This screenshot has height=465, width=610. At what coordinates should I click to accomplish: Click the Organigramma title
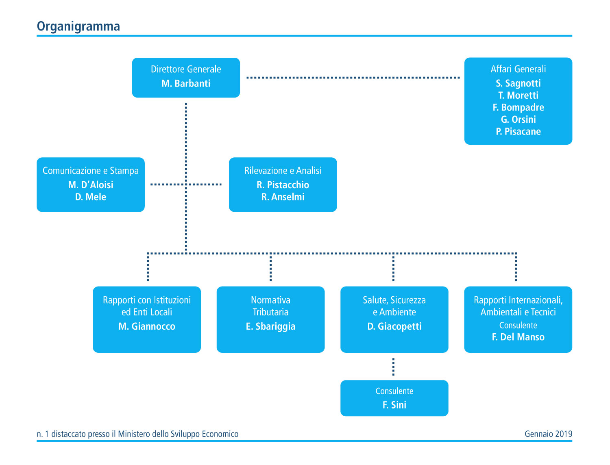[x=78, y=27]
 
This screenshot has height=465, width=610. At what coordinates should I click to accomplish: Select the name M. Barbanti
[x=186, y=83]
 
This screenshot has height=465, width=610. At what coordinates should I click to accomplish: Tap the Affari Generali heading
[x=518, y=69]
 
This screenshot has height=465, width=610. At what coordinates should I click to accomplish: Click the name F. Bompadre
[x=518, y=107]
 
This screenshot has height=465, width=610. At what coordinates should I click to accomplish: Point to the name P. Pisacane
[x=518, y=131]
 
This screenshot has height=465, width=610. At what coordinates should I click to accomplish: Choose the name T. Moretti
[x=518, y=95]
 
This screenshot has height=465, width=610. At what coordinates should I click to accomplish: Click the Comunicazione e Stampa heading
[x=91, y=171]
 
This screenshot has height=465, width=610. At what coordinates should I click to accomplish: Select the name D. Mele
[x=91, y=197]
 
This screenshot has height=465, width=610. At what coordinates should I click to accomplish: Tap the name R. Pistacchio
[x=283, y=185]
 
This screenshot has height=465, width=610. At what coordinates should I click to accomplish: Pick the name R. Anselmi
[x=283, y=197]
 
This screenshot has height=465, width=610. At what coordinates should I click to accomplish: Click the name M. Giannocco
[x=147, y=326]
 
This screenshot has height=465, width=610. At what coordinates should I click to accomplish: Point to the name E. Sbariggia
[x=270, y=326]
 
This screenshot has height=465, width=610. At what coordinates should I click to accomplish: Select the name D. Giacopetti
[x=394, y=326]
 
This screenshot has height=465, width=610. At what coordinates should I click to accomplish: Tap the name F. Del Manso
[x=518, y=337]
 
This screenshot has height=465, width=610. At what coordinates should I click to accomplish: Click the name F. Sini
[x=394, y=405]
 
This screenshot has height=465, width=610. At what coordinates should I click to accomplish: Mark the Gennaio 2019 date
[x=548, y=434]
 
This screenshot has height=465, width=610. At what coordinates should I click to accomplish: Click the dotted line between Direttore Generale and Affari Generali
[x=353, y=78]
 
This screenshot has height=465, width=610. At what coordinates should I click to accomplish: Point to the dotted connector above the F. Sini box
[x=393, y=367]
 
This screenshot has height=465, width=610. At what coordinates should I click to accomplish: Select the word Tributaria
[x=270, y=312]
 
